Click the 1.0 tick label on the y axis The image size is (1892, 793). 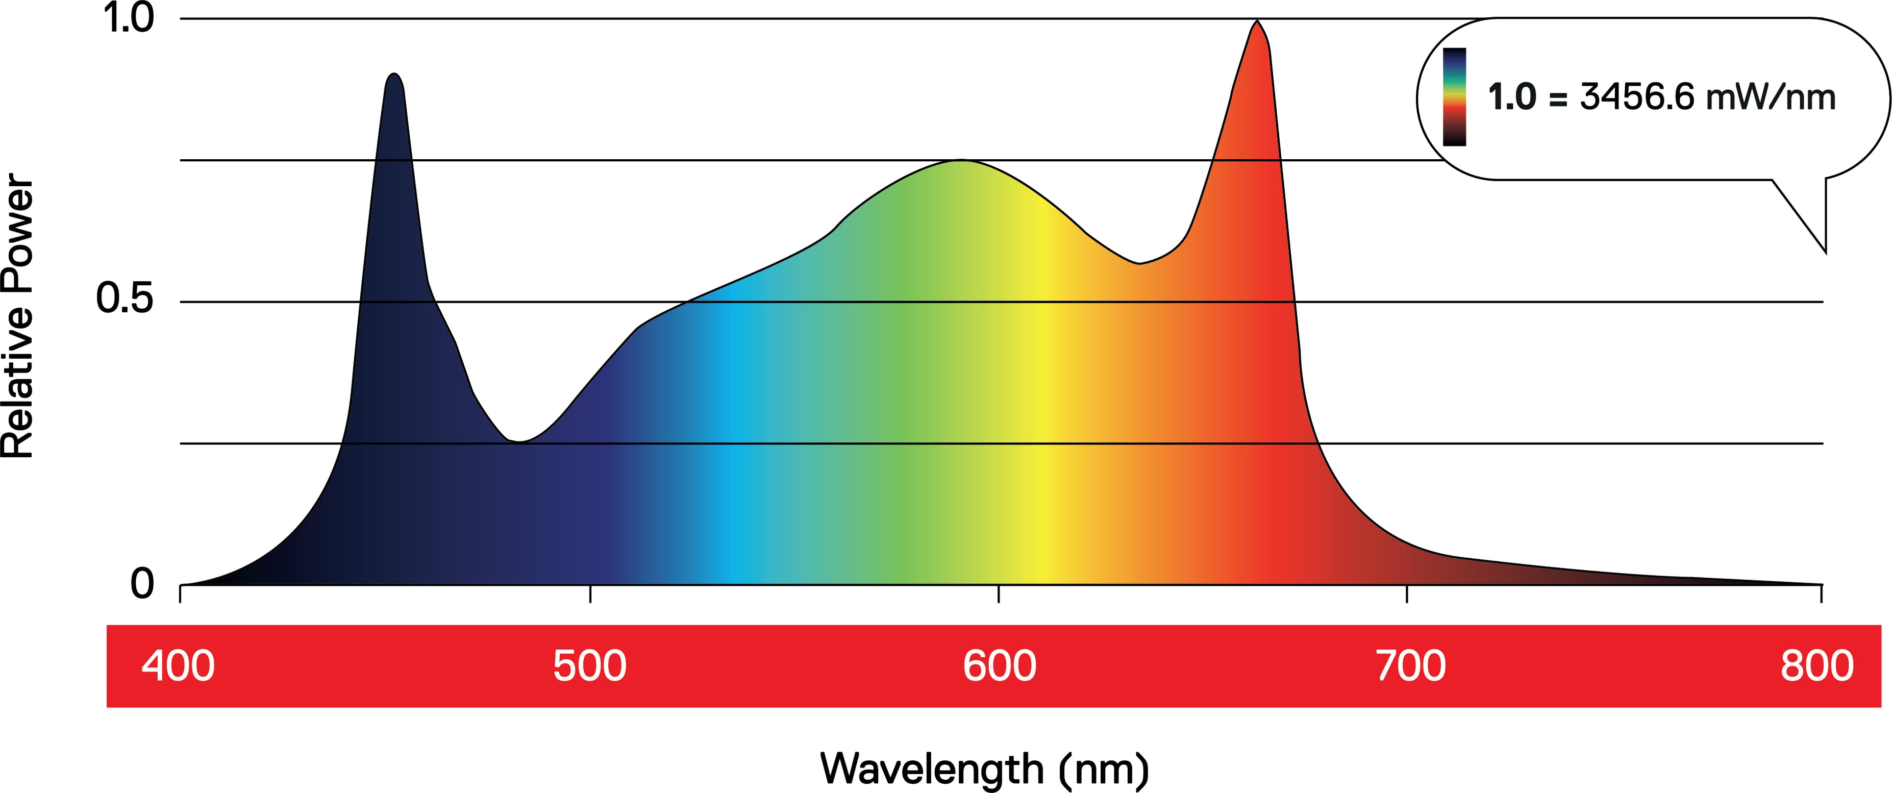click(129, 18)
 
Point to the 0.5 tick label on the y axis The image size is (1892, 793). click(125, 299)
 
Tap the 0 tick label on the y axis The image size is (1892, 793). click(142, 584)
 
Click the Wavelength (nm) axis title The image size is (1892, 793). click(984, 770)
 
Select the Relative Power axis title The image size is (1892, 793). click(18, 316)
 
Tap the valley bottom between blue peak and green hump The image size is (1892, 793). click(518, 441)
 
